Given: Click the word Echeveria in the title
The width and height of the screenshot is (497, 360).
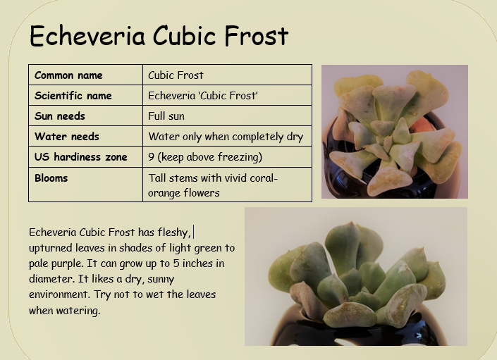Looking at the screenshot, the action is (x=87, y=36).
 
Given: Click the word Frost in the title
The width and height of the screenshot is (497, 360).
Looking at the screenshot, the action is (x=257, y=36).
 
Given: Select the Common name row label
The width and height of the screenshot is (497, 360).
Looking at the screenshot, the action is (x=68, y=75).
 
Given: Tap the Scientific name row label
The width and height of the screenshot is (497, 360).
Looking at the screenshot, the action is (x=73, y=96).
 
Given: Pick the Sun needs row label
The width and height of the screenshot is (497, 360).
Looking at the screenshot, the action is (x=60, y=116).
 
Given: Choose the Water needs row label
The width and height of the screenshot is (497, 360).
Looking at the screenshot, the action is (x=66, y=137).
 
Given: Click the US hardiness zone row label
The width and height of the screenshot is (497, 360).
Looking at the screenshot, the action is (x=81, y=156).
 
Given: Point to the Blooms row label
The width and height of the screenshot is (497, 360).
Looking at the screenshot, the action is (x=51, y=178).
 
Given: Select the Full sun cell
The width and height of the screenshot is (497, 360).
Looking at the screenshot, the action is (x=166, y=116).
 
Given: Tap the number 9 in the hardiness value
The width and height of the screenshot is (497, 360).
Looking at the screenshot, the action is (x=151, y=157).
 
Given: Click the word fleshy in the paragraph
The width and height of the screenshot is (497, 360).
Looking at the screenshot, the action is (x=173, y=232).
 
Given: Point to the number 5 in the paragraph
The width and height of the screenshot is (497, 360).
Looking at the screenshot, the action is (x=176, y=263).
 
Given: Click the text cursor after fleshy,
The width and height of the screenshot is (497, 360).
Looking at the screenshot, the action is (x=194, y=232).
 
